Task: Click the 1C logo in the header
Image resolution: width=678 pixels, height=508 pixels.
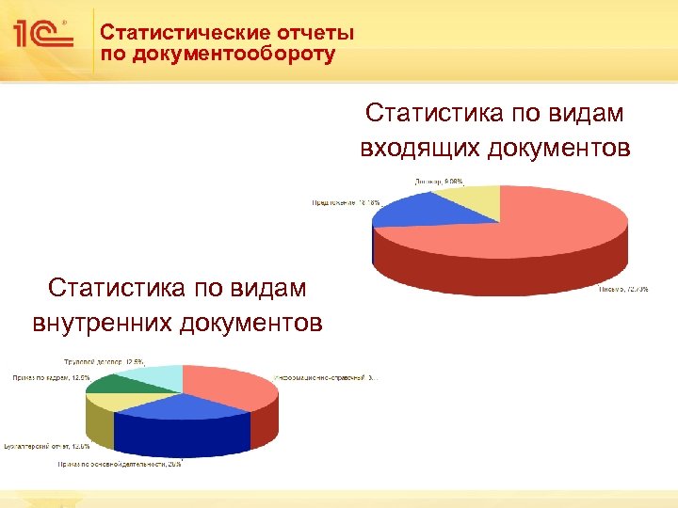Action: [43, 36]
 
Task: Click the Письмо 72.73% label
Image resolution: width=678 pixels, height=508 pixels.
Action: [624, 291]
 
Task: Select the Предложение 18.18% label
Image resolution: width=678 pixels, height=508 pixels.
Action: [347, 202]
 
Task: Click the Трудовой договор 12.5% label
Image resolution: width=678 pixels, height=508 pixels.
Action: [104, 361]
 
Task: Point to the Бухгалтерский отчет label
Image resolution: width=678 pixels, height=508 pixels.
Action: [47, 445]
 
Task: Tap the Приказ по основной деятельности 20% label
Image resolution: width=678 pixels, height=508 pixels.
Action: [120, 464]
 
